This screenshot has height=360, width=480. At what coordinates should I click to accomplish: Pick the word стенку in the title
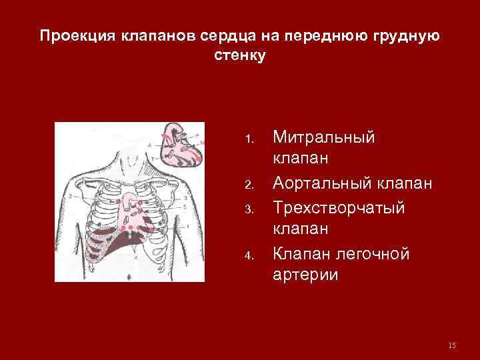pos(240,55)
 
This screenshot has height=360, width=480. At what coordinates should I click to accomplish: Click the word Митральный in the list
pos(324,137)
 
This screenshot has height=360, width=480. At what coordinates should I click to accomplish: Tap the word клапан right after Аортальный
pos(404,183)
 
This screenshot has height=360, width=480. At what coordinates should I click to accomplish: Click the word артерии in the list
pos(305,275)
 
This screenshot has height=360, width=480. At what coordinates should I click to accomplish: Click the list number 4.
pos(249,255)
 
